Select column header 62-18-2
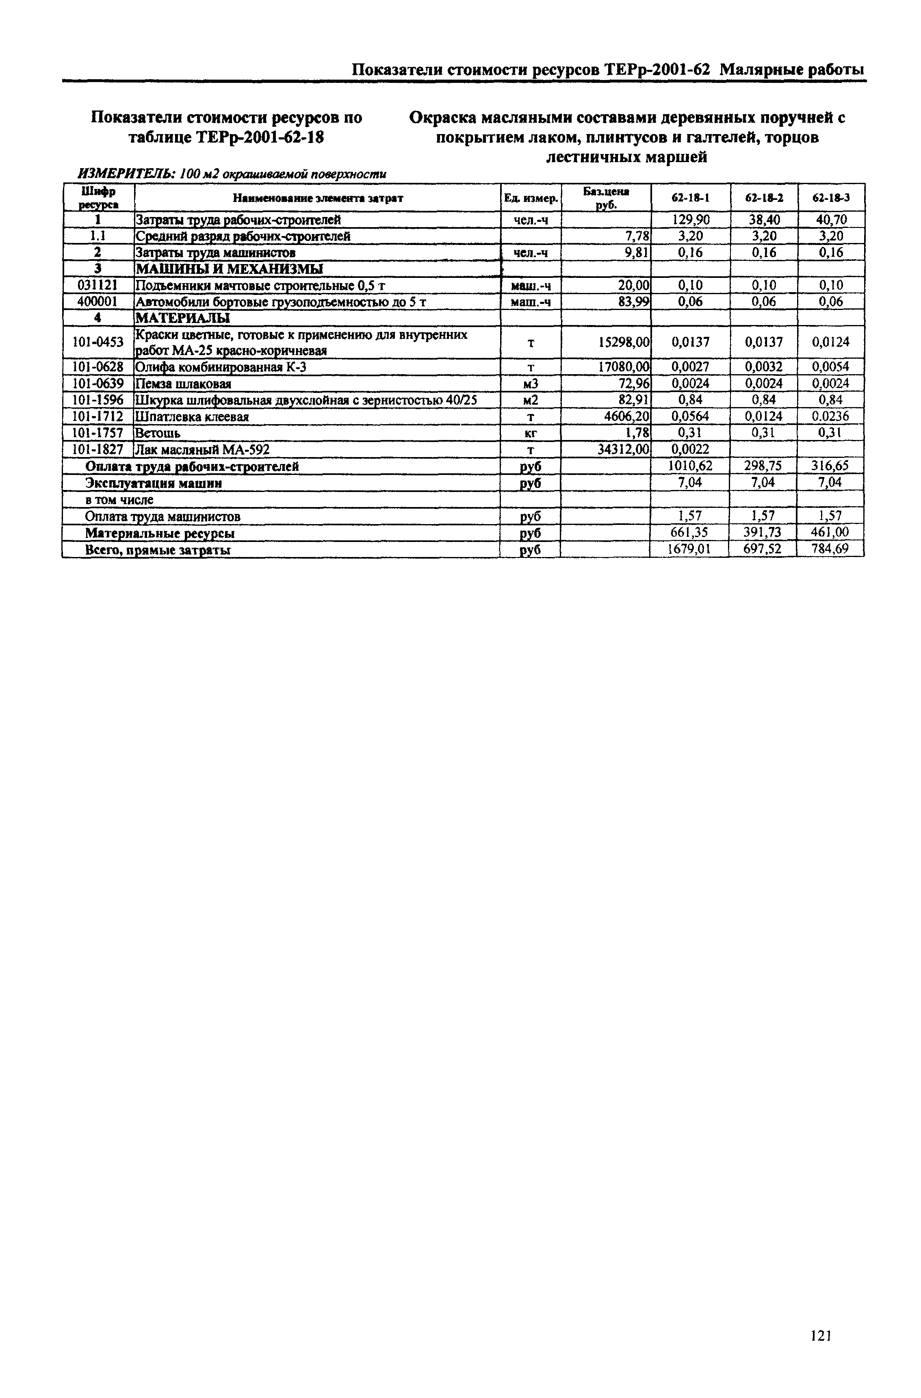point(764,198)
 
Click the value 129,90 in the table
point(690,220)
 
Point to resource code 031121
point(98,286)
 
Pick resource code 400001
point(98,302)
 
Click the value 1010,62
point(690,466)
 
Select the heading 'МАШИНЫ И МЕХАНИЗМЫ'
point(230,269)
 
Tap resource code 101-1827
point(98,450)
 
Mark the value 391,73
point(763,533)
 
